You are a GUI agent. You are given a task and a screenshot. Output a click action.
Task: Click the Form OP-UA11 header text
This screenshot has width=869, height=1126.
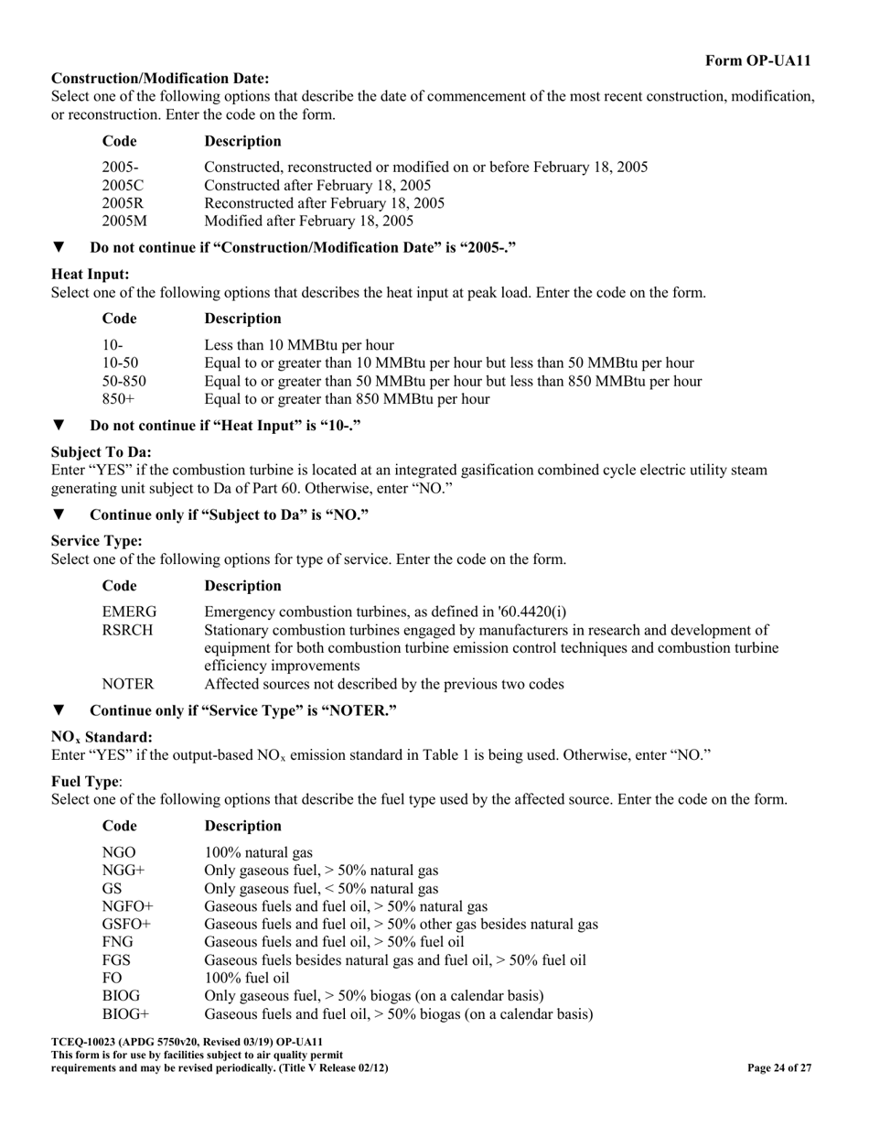(x=757, y=60)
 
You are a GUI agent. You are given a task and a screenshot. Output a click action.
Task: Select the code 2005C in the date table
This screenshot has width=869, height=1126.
(x=123, y=185)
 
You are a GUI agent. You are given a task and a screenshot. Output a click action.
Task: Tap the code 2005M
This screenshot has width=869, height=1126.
(x=123, y=221)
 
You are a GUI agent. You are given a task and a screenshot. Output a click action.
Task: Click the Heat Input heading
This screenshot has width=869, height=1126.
(x=90, y=274)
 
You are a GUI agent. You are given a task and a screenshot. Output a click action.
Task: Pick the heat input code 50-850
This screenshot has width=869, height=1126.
(x=123, y=381)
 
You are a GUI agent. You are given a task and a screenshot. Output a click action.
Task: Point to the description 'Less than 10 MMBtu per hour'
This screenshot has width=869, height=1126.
(x=299, y=345)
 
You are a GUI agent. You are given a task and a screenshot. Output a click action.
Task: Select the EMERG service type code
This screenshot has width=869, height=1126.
(x=129, y=612)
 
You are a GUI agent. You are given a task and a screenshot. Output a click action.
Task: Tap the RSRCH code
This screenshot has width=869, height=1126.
(x=127, y=630)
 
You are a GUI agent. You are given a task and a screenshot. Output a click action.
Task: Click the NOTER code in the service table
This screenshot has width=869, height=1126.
(x=127, y=684)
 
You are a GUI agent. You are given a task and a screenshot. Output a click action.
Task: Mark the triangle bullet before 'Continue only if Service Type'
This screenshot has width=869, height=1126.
(x=59, y=710)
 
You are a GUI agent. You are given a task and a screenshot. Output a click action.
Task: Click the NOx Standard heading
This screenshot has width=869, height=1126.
(x=102, y=737)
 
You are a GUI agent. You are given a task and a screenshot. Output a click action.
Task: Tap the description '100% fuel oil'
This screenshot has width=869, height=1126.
(x=246, y=978)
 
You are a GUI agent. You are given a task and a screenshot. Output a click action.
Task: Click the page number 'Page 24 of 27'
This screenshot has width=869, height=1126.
(x=779, y=1067)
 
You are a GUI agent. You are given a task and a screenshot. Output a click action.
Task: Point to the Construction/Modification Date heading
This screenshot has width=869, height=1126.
(x=160, y=79)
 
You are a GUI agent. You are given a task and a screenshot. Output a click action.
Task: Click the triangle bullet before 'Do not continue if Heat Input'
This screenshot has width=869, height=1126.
(x=59, y=425)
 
